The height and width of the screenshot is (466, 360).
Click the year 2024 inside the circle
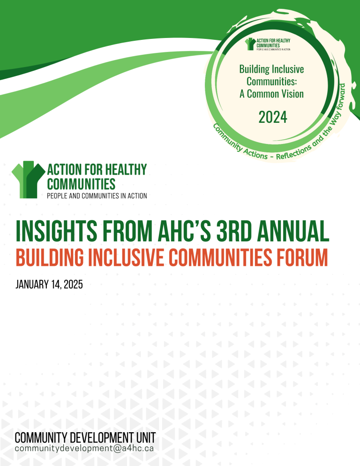click(x=273, y=117)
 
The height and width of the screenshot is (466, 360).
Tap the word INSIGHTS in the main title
click(x=56, y=231)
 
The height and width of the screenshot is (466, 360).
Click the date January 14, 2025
click(x=49, y=285)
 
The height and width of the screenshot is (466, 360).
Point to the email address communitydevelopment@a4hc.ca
click(x=84, y=448)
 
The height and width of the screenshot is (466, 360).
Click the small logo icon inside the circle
click(x=250, y=44)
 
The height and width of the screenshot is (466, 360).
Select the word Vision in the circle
click(x=291, y=94)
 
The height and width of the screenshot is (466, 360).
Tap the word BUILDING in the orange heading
click(x=50, y=257)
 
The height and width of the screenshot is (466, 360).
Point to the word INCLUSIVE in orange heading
click(x=127, y=257)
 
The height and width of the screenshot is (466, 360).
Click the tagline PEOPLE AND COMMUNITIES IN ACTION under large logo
click(x=97, y=196)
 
